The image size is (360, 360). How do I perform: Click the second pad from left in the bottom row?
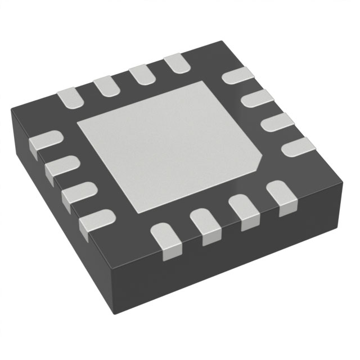(x=206, y=225)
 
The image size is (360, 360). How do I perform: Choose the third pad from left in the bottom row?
(x=243, y=210)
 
